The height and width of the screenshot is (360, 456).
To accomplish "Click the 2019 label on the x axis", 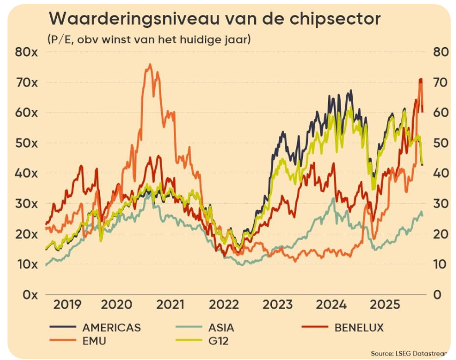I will pos(68,305).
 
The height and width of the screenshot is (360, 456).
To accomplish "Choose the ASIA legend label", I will pos(219,327).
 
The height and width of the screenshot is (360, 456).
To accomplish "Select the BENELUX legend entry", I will pos(359,327).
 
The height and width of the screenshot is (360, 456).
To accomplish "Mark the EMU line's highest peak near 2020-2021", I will pos(149,65).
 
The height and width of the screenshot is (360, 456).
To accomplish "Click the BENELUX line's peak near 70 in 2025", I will pos(420,80).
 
